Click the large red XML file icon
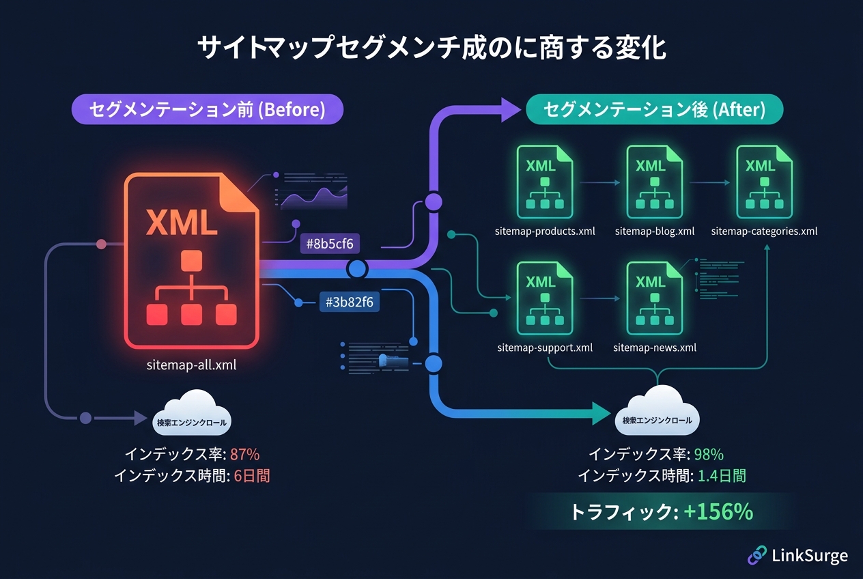[x=192, y=259]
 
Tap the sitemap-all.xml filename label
[x=192, y=365]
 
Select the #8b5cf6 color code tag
[x=331, y=243]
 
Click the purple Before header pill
[x=207, y=109]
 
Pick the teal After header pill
[x=654, y=109]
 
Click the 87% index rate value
[x=245, y=455]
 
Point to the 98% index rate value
[x=709, y=455]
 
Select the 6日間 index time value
[x=252, y=476]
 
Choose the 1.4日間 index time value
[x=722, y=476]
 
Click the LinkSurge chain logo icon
[x=757, y=555]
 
